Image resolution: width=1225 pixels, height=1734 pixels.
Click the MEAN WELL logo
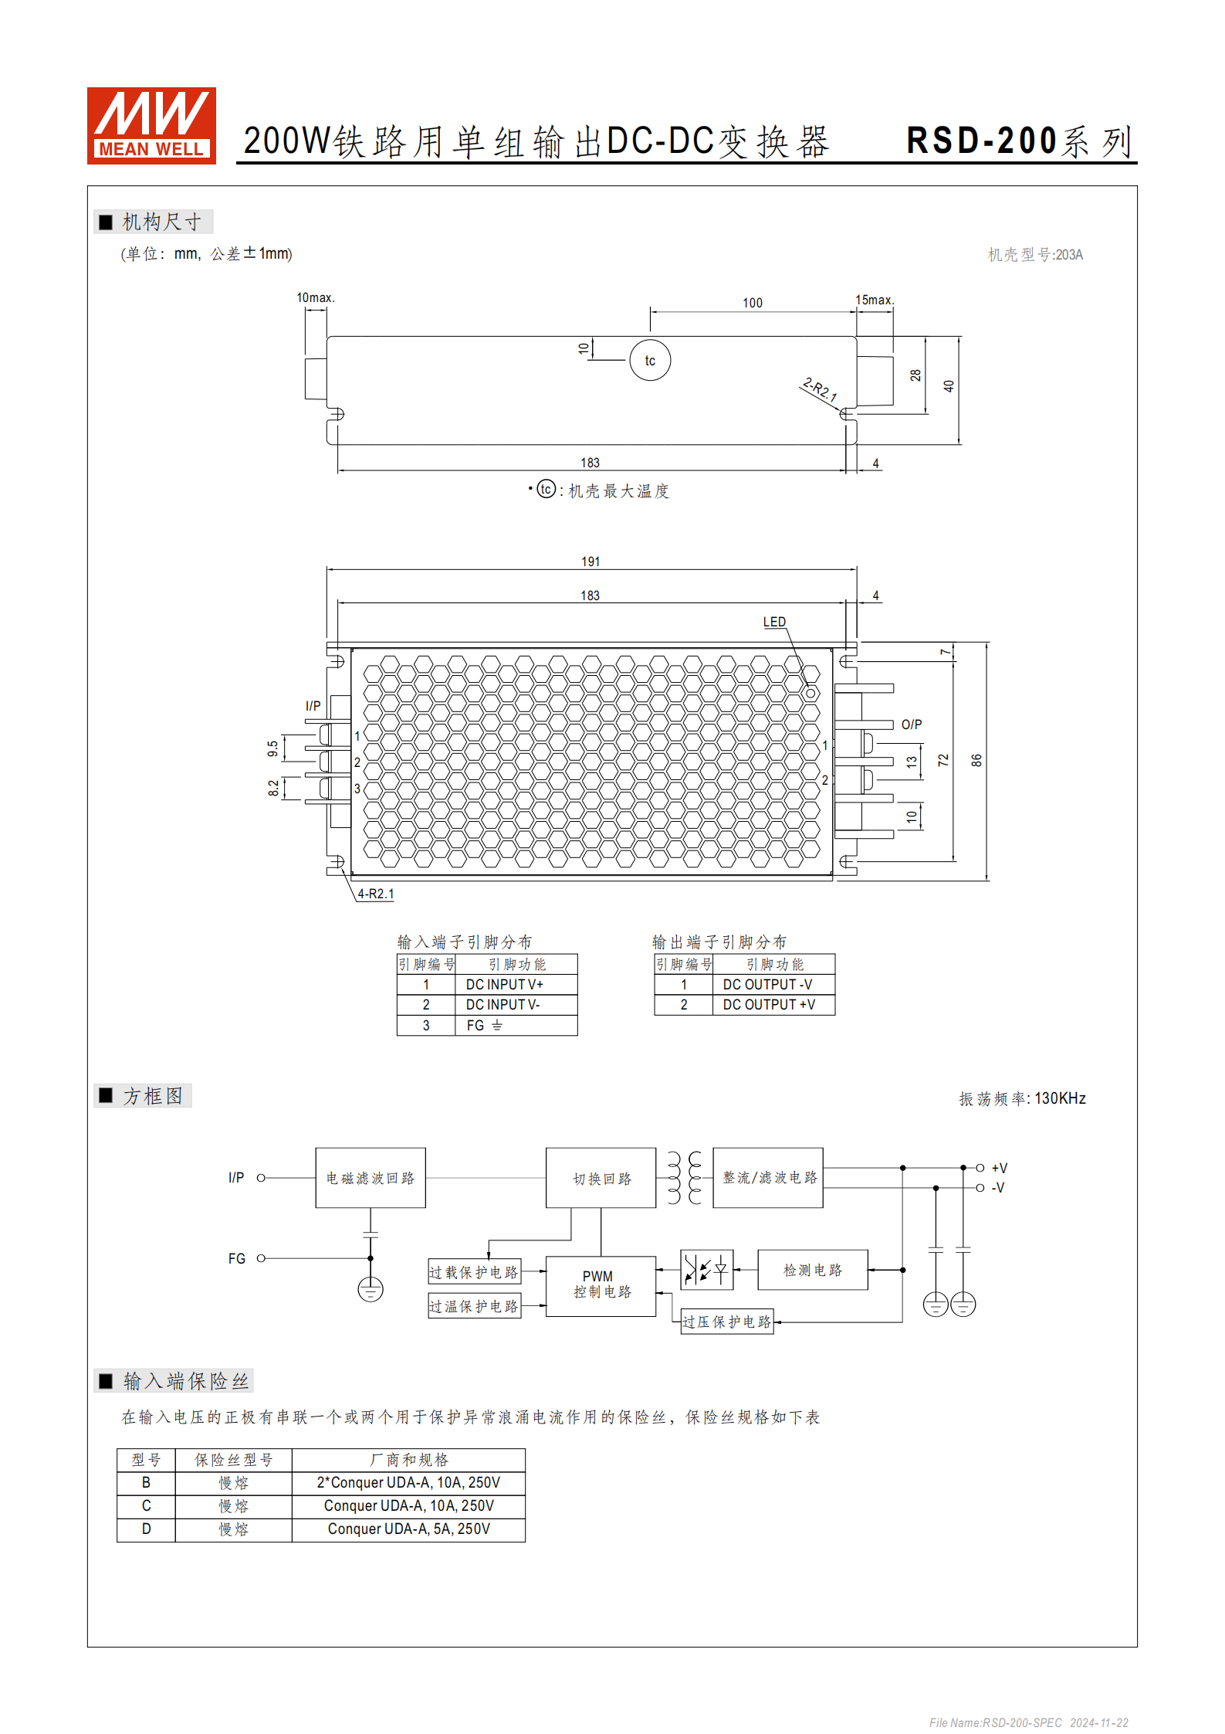pos(151,125)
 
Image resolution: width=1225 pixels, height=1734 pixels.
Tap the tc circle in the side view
pos(650,361)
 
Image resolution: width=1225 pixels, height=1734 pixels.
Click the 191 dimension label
pos(591,562)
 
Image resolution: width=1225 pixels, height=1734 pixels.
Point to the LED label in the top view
pos(774,622)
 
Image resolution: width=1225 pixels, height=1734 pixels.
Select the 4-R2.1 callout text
pos(376,894)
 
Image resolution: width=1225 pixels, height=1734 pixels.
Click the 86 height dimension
pos(976,760)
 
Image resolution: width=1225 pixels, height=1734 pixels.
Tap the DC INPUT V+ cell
pos(505,985)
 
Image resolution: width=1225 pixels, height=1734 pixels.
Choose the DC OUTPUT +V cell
pos(769,1005)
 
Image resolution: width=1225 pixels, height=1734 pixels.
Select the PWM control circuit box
pos(601,1285)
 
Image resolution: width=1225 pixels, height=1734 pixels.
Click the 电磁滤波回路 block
pos(371,1178)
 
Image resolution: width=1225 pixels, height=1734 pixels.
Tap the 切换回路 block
pos(601,1179)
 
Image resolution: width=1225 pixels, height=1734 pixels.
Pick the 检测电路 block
pos(813,1270)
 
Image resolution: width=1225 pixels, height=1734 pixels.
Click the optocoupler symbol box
pos(707,1269)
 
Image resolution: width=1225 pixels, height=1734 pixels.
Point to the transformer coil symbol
pos(685,1178)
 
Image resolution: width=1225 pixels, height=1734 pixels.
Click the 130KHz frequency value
pos(1060,1098)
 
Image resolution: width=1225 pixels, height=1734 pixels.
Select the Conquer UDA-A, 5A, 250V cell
pos(408,1529)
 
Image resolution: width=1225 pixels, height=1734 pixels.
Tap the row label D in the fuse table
pos(146,1529)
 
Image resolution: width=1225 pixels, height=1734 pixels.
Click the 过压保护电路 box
pos(726,1322)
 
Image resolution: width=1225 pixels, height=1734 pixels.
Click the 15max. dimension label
pos(875,300)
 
